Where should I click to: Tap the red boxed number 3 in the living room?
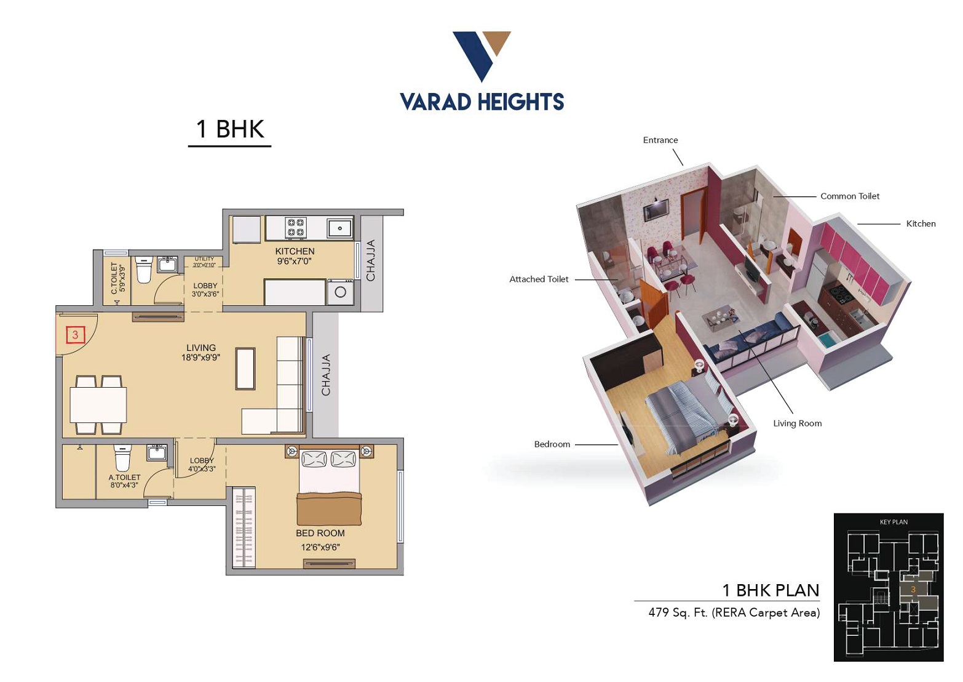(x=75, y=335)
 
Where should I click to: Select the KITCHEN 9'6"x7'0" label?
(x=295, y=255)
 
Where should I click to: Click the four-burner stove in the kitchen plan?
(x=296, y=227)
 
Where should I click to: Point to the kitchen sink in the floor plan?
(x=339, y=228)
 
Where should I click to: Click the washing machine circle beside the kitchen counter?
(x=341, y=292)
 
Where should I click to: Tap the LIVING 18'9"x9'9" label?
(x=200, y=352)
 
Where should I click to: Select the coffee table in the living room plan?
(x=245, y=369)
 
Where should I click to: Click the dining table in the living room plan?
(x=98, y=404)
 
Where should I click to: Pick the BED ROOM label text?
(x=320, y=533)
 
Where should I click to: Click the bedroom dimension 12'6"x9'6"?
(x=320, y=547)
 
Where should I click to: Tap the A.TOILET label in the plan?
(x=124, y=477)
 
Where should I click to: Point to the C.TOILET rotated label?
(x=114, y=278)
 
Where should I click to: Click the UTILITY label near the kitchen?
(x=204, y=259)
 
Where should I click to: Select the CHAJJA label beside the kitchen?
(x=371, y=260)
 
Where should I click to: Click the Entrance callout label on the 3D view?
(x=660, y=140)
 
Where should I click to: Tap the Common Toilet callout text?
(x=850, y=196)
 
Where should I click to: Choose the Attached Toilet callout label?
(x=539, y=279)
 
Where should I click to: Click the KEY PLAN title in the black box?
(x=894, y=522)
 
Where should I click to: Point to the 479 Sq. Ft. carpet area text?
(x=734, y=612)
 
